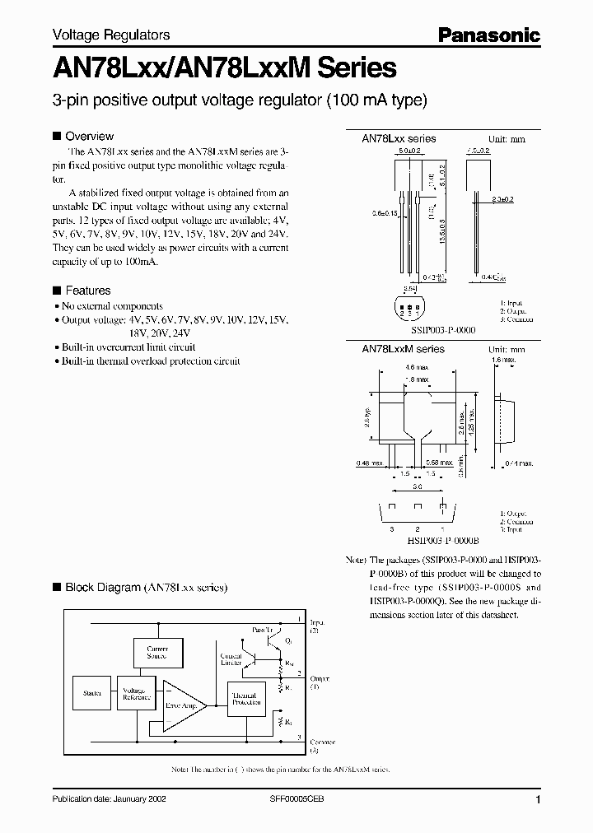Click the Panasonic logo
pos(488,35)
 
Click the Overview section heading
pos(89,136)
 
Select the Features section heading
pos(87,291)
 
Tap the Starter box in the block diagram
pos(91,693)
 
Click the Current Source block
pos(156,653)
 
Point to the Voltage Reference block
pos(136,693)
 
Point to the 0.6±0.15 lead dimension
pos(385,214)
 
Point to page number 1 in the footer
pos(538,800)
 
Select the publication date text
pos(104,800)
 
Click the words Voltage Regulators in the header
pos(111,35)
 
